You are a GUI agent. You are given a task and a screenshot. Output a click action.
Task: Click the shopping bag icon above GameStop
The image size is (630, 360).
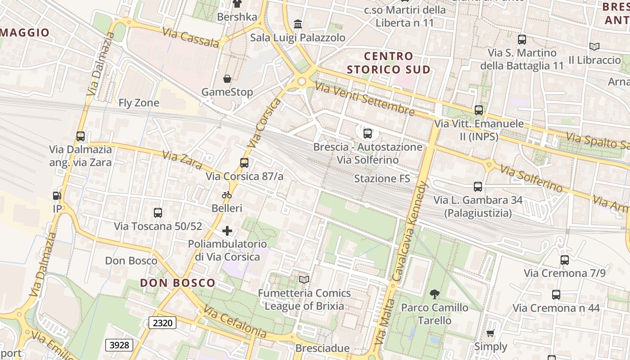(x=227, y=79)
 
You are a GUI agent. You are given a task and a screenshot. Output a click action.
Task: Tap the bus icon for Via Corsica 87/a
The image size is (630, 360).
(x=244, y=163)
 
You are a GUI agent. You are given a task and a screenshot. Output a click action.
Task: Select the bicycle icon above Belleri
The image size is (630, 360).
(x=227, y=195)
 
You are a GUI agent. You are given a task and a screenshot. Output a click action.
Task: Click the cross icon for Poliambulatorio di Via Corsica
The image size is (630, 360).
(x=227, y=231)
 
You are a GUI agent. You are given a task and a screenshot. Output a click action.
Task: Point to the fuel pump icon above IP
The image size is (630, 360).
(x=57, y=196)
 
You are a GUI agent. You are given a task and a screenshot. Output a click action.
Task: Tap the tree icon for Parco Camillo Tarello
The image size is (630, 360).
(x=434, y=295)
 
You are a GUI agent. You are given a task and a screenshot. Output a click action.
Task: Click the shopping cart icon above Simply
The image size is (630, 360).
(x=490, y=333)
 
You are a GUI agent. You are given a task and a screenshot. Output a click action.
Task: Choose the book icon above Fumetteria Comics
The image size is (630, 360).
(x=304, y=280)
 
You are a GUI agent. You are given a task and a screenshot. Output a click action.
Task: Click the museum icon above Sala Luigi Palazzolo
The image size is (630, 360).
(x=297, y=24)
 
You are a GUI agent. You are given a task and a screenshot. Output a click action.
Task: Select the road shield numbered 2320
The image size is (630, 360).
(x=162, y=322)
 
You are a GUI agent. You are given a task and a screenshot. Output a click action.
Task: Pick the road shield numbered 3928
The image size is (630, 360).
(x=119, y=345)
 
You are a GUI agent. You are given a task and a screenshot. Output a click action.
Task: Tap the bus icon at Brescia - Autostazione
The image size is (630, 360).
(x=368, y=133)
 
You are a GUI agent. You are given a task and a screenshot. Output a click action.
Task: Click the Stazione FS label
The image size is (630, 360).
(x=382, y=179)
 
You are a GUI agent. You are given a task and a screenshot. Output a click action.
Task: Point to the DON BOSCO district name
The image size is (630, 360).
(x=177, y=283)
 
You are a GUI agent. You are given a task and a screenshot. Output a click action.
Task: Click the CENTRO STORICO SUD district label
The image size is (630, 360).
(x=389, y=63)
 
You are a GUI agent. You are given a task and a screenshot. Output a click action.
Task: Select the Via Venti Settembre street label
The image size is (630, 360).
(x=364, y=99)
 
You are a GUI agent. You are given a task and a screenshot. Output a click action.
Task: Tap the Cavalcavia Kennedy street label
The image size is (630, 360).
(x=409, y=232)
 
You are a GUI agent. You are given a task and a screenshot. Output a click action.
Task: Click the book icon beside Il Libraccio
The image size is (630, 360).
(x=594, y=46)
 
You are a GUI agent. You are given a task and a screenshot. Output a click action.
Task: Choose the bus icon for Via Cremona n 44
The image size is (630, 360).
(x=556, y=295)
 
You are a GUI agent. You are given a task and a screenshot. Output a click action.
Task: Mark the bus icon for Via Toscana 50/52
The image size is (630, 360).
(x=158, y=213)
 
